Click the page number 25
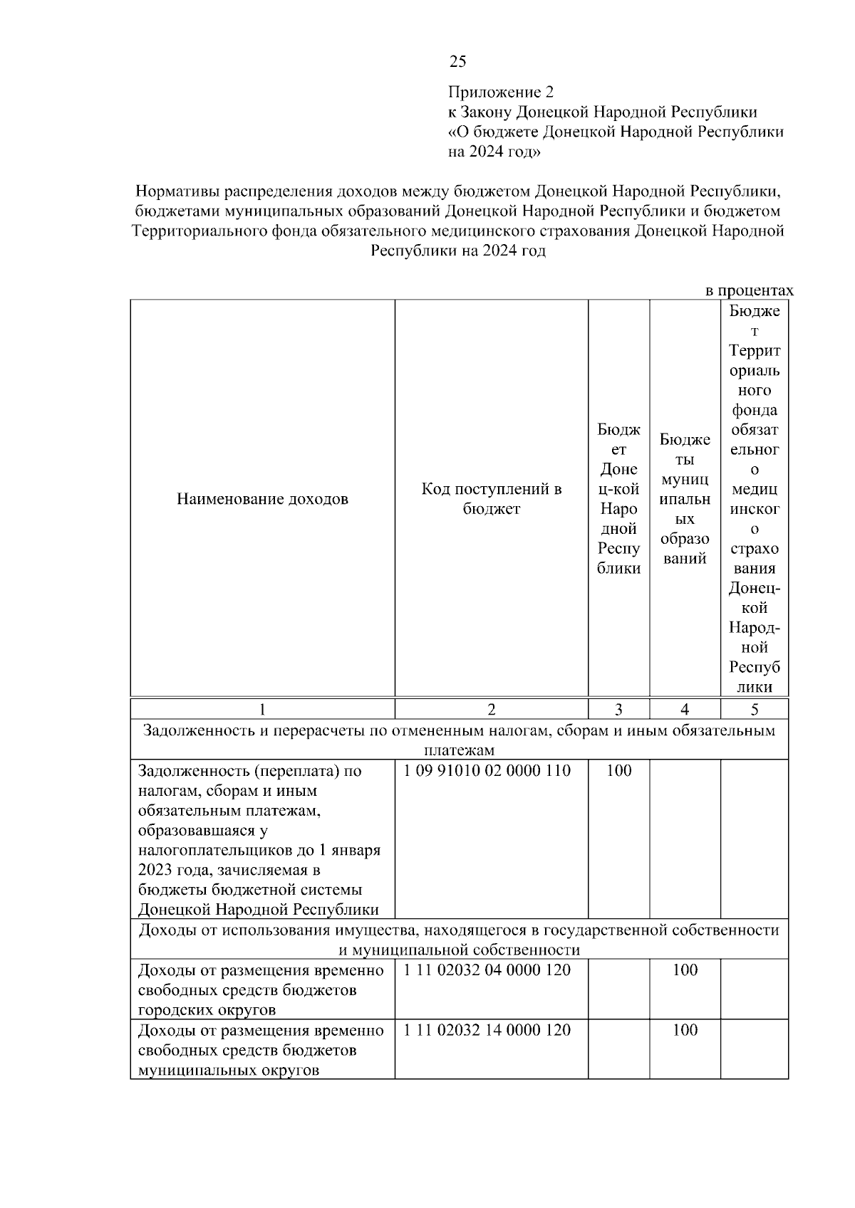click(x=457, y=61)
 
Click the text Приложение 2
click(x=500, y=92)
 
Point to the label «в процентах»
click(x=749, y=290)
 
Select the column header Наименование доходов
click(x=262, y=499)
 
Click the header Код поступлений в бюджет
click(x=491, y=499)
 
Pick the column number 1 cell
click(x=262, y=709)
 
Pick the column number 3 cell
click(x=618, y=709)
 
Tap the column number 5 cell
click(x=755, y=709)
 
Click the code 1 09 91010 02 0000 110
click(x=487, y=771)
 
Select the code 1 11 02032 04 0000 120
click(x=487, y=970)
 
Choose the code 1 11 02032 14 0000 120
click(x=487, y=1030)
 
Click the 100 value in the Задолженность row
click(x=618, y=771)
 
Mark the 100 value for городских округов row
click(x=685, y=970)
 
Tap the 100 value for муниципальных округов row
click(x=685, y=1030)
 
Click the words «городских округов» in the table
click(x=207, y=1010)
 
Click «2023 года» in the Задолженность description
click(x=171, y=870)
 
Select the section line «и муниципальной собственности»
click(x=459, y=950)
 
